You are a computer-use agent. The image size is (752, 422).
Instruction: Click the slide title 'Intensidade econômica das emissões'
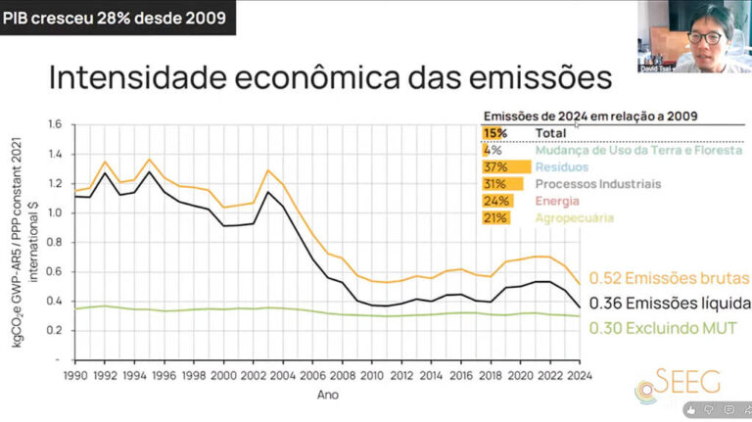[x=330, y=77]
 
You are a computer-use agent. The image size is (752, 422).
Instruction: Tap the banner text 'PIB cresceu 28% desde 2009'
[x=115, y=17]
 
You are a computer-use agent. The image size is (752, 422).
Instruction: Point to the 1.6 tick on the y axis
[x=55, y=124]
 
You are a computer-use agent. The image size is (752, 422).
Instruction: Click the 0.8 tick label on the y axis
[x=55, y=242]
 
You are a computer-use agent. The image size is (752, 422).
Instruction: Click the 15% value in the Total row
[x=493, y=132]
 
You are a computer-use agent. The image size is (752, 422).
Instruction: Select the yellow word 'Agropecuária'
[x=574, y=217]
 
